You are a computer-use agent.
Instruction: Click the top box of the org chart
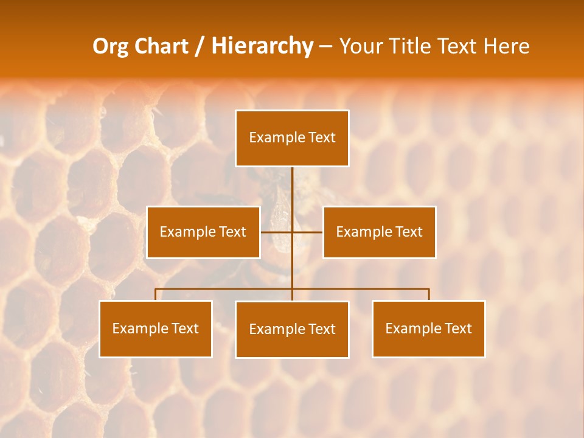coord(292,138)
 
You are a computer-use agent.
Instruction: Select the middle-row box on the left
coord(203,232)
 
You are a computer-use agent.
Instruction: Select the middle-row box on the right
coord(379,232)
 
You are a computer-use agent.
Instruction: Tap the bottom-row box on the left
coord(155,328)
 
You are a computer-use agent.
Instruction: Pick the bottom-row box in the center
coord(292,329)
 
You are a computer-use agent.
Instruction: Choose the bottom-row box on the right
coord(428,328)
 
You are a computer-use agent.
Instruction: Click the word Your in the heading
coord(361,46)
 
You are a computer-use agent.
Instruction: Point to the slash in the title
coord(199,46)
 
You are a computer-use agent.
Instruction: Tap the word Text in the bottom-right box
coord(457,328)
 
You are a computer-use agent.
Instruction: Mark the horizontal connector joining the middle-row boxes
coord(307,232)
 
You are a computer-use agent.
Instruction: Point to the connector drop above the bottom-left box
coord(156,294)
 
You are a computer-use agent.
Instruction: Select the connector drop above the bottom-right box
coord(429,294)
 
